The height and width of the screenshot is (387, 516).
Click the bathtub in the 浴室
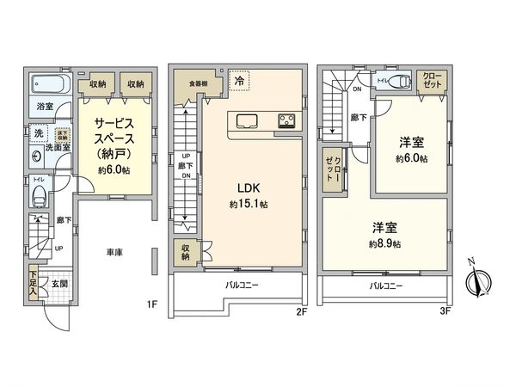47,86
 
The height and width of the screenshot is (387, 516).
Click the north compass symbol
478,279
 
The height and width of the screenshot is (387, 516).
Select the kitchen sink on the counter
243,120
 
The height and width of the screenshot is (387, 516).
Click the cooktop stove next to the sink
287,120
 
